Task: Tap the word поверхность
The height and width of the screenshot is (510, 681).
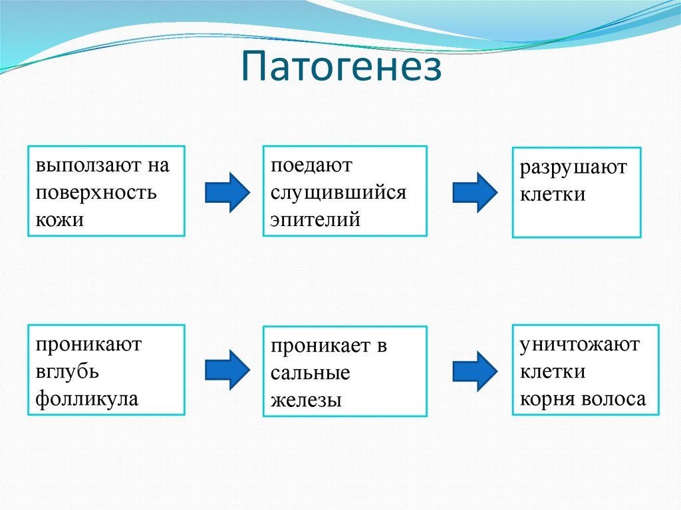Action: [96, 192]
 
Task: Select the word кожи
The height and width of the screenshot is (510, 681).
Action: [60, 219]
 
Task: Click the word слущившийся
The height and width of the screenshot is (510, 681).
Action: [338, 191]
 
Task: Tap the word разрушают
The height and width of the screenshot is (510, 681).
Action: [573, 168]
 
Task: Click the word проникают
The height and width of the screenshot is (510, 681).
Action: [89, 344]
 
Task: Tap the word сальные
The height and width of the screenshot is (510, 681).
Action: [310, 373]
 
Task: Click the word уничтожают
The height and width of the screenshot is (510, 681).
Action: [579, 344]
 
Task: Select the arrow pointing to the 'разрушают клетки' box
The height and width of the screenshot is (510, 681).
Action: [474, 192]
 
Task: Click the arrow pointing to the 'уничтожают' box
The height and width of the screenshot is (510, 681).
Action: [474, 369]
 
